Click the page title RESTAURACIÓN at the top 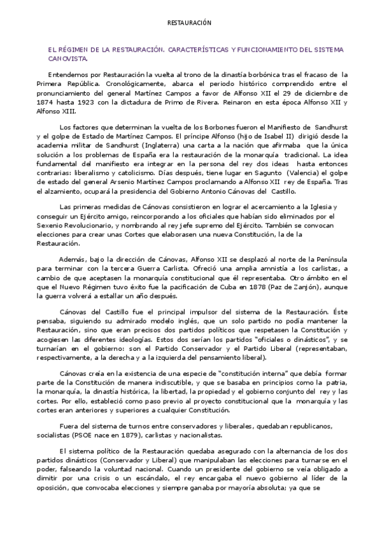[x=188, y=22]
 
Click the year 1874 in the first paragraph [x=45, y=101]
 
